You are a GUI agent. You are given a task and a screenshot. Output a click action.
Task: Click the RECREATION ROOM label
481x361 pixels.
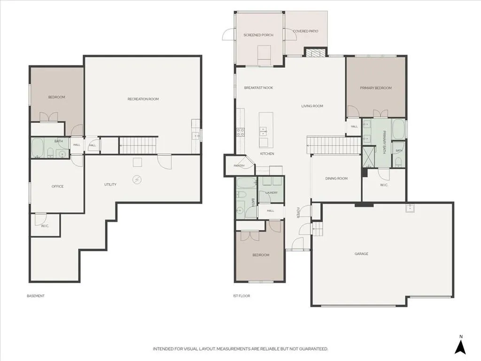click(143, 99)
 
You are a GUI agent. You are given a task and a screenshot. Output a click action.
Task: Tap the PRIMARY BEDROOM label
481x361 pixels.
click(376, 88)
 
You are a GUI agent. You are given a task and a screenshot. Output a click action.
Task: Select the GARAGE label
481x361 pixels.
click(361, 254)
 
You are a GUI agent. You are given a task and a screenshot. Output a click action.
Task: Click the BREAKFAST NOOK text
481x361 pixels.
click(259, 88)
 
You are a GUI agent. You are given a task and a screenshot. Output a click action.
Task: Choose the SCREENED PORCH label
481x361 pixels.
click(258, 35)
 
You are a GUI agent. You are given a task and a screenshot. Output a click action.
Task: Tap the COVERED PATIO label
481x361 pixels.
click(305, 31)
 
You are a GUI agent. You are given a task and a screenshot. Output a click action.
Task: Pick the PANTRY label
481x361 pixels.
click(239, 166)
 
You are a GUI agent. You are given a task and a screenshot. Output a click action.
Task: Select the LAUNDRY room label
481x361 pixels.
click(272, 193)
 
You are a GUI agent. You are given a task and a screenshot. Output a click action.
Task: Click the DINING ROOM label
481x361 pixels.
click(336, 178)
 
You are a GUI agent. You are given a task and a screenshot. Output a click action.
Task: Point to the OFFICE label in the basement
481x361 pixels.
click(57, 186)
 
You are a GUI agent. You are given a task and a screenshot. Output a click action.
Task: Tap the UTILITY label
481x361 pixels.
click(110, 184)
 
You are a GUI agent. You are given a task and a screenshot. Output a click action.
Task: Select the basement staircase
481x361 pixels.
click(139, 145)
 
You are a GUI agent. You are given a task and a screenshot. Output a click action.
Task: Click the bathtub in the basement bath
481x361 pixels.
click(38, 148)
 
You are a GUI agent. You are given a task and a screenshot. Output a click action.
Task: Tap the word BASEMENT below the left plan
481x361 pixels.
click(36, 296)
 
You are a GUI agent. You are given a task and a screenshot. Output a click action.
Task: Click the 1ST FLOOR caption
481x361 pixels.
click(241, 296)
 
